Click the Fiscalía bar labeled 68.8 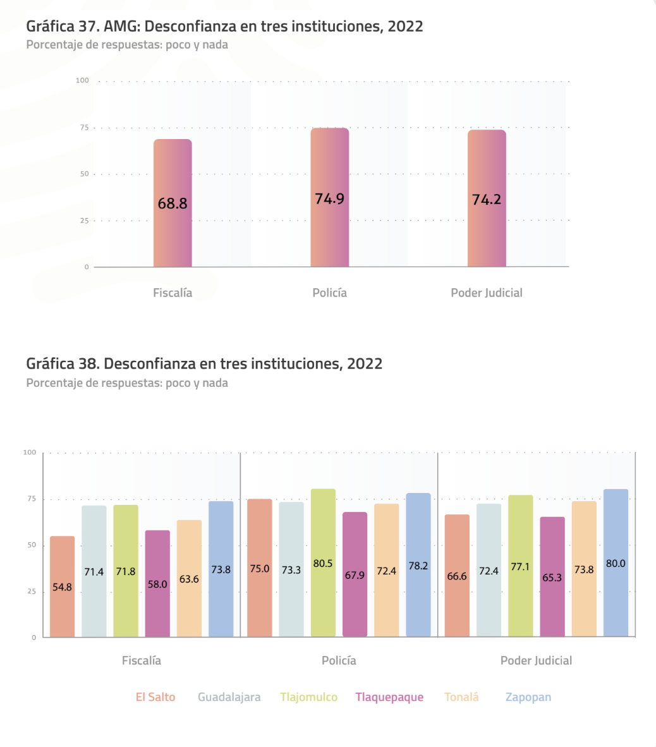click(x=173, y=203)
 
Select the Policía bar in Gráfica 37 click(x=330, y=197)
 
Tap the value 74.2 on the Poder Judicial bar click(x=487, y=199)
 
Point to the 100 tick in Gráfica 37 click(x=82, y=80)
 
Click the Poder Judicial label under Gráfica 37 click(x=487, y=293)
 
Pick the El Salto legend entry click(x=155, y=697)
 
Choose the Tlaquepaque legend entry click(x=389, y=697)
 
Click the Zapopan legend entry click(x=528, y=697)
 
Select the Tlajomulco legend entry click(x=308, y=697)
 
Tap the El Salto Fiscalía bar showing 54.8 click(x=63, y=586)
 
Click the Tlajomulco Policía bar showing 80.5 click(x=323, y=562)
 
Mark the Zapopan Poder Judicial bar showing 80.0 click(x=616, y=563)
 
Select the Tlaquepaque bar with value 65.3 click(x=552, y=577)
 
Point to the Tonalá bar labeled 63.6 click(x=189, y=578)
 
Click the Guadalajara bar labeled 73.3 click(x=291, y=569)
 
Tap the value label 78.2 click(x=418, y=566)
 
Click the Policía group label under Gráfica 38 click(x=339, y=660)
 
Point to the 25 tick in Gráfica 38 click(x=32, y=591)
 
